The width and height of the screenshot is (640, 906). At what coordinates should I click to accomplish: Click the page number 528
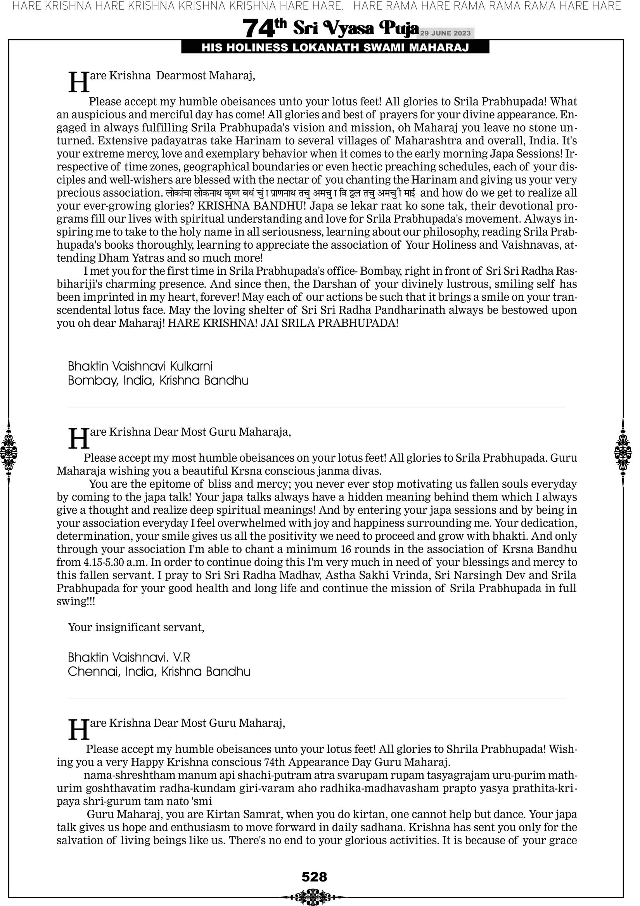[x=314, y=877]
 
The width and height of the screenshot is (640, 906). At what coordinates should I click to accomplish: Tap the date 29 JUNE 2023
[x=445, y=33]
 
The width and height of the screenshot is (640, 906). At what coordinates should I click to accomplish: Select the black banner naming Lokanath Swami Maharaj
[x=335, y=48]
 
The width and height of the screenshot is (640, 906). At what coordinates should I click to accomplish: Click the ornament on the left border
[x=9, y=452]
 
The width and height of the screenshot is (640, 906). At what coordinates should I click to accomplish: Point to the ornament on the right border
[x=623, y=452]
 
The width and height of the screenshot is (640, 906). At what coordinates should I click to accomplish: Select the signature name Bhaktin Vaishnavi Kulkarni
[x=140, y=366]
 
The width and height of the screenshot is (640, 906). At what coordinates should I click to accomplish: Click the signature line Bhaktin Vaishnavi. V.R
[x=129, y=657]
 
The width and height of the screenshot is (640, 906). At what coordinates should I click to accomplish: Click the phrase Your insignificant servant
[x=136, y=627]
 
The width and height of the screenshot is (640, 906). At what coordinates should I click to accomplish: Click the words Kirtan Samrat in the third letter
[x=245, y=814]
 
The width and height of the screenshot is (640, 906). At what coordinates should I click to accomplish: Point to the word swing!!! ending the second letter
[x=76, y=601]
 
